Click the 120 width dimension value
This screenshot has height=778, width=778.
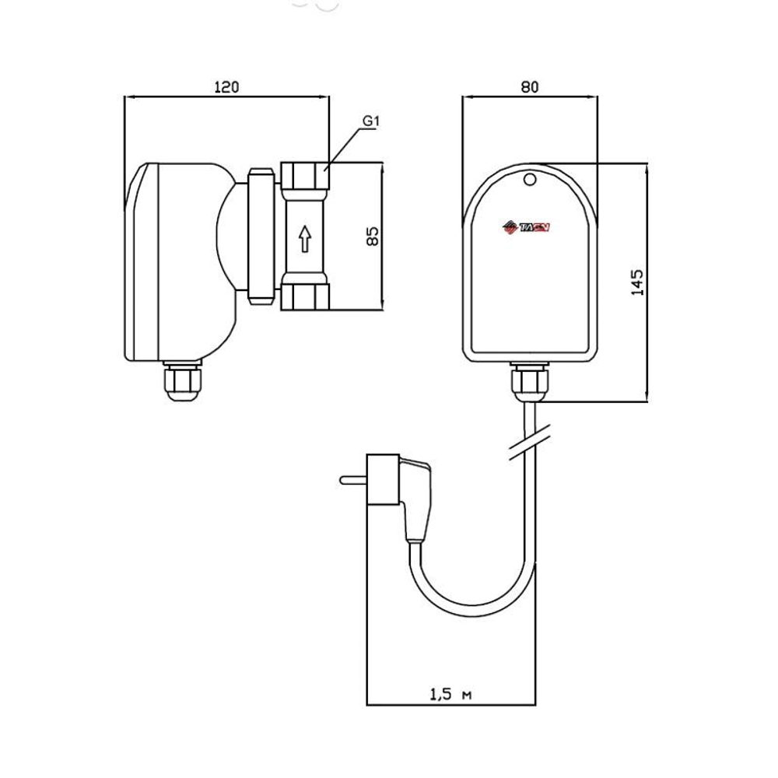(x=226, y=87)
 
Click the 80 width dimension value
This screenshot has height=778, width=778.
(x=529, y=87)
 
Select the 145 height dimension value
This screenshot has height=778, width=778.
(x=637, y=282)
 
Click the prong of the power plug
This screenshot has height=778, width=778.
(x=352, y=480)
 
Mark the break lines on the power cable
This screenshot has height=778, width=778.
(x=529, y=443)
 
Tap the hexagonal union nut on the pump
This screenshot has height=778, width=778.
(x=261, y=236)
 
